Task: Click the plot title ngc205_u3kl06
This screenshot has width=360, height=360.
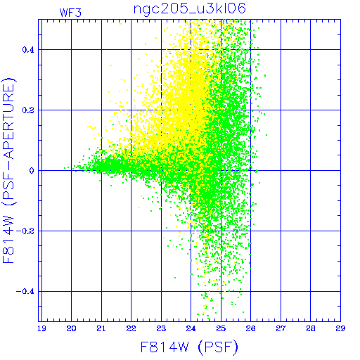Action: pyautogui.click(x=190, y=9)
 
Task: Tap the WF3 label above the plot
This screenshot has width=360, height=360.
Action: pyautogui.click(x=70, y=13)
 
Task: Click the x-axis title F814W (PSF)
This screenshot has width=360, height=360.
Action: pyautogui.click(x=189, y=347)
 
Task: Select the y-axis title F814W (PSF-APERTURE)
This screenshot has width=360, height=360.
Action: pyautogui.click(x=9, y=171)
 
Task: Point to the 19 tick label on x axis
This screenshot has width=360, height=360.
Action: pyautogui.click(x=41, y=328)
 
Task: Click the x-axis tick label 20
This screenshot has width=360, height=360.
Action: pyautogui.click(x=71, y=328)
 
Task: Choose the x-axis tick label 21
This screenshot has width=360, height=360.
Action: pyautogui.click(x=101, y=328)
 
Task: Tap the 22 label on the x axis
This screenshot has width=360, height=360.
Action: pyautogui.click(x=131, y=328)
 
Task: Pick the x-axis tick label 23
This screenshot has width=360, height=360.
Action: pyautogui.click(x=161, y=328)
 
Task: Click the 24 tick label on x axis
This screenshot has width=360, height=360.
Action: pyautogui.click(x=191, y=328)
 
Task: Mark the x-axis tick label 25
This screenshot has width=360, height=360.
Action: pyautogui.click(x=221, y=328)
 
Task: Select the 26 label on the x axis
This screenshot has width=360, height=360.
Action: pyautogui.click(x=250, y=328)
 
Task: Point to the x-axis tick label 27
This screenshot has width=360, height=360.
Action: pyautogui.click(x=281, y=328)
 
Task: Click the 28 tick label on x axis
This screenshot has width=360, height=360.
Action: pyautogui.click(x=311, y=328)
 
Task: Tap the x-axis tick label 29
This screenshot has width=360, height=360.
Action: pyautogui.click(x=340, y=328)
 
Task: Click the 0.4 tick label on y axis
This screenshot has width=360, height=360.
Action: pyautogui.click(x=28, y=50)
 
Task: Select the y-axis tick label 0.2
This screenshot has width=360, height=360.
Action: pyautogui.click(x=28, y=110)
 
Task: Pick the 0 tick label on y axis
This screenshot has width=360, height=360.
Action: pyautogui.click(x=32, y=171)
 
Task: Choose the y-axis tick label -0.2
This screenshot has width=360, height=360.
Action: pyautogui.click(x=25, y=231)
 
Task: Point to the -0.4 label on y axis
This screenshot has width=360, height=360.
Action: pyautogui.click(x=25, y=292)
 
